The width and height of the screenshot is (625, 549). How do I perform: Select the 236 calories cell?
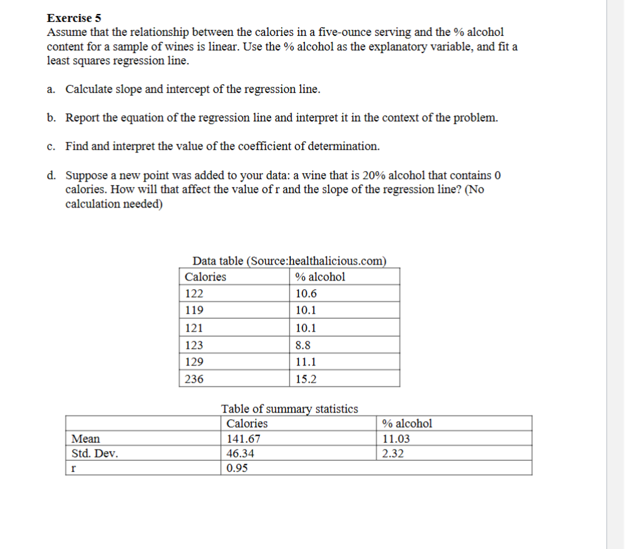pyautogui.click(x=195, y=379)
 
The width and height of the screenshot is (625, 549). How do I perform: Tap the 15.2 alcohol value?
pyautogui.click(x=306, y=379)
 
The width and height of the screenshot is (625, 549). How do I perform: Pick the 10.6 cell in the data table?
pyautogui.click(x=306, y=294)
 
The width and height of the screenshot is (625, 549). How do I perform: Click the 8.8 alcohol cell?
pyautogui.click(x=304, y=345)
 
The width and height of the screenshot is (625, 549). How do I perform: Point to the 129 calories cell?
pyautogui.click(x=195, y=362)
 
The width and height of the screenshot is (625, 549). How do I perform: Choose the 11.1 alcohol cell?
pyautogui.click(x=306, y=362)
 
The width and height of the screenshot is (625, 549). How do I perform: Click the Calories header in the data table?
pyautogui.click(x=205, y=276)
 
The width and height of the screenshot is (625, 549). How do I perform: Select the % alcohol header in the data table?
pyautogui.click(x=320, y=276)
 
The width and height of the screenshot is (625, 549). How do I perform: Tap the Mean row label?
pyautogui.click(x=85, y=438)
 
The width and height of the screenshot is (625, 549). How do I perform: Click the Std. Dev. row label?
pyautogui.click(x=95, y=454)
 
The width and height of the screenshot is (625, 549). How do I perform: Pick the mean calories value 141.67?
pyautogui.click(x=243, y=438)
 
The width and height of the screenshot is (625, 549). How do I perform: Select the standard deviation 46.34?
pyautogui.click(x=240, y=454)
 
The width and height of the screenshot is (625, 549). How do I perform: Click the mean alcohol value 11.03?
pyautogui.click(x=396, y=438)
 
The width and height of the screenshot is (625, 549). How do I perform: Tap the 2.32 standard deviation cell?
pyautogui.click(x=394, y=454)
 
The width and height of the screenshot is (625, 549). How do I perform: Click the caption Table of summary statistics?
pyautogui.click(x=290, y=408)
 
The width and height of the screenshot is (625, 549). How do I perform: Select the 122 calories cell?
pyautogui.click(x=195, y=294)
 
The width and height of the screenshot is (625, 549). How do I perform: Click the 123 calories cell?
pyautogui.click(x=195, y=345)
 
